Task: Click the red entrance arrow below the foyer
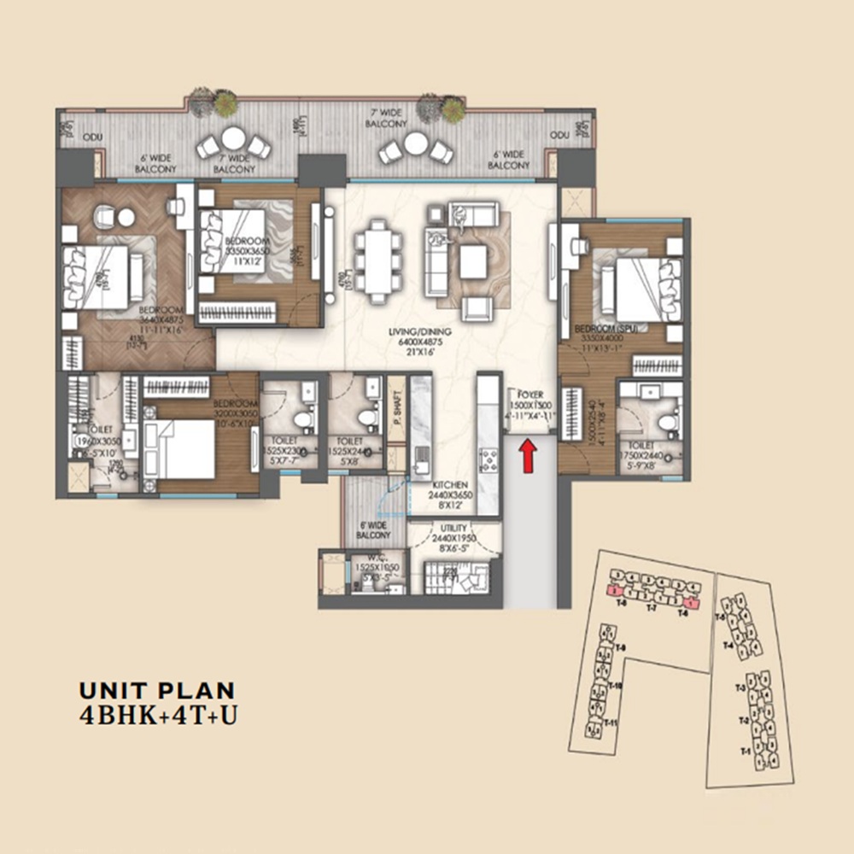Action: pyautogui.click(x=529, y=453)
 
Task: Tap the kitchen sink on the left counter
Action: pyautogui.click(x=419, y=465)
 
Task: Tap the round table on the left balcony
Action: pyautogui.click(x=232, y=137)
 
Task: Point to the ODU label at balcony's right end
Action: pyautogui.click(x=559, y=136)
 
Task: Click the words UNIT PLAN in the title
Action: pyautogui.click(x=156, y=690)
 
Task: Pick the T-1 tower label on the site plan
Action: pyautogui.click(x=743, y=752)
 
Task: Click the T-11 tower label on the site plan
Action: pyautogui.click(x=611, y=722)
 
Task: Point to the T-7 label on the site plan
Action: pyautogui.click(x=651, y=609)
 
